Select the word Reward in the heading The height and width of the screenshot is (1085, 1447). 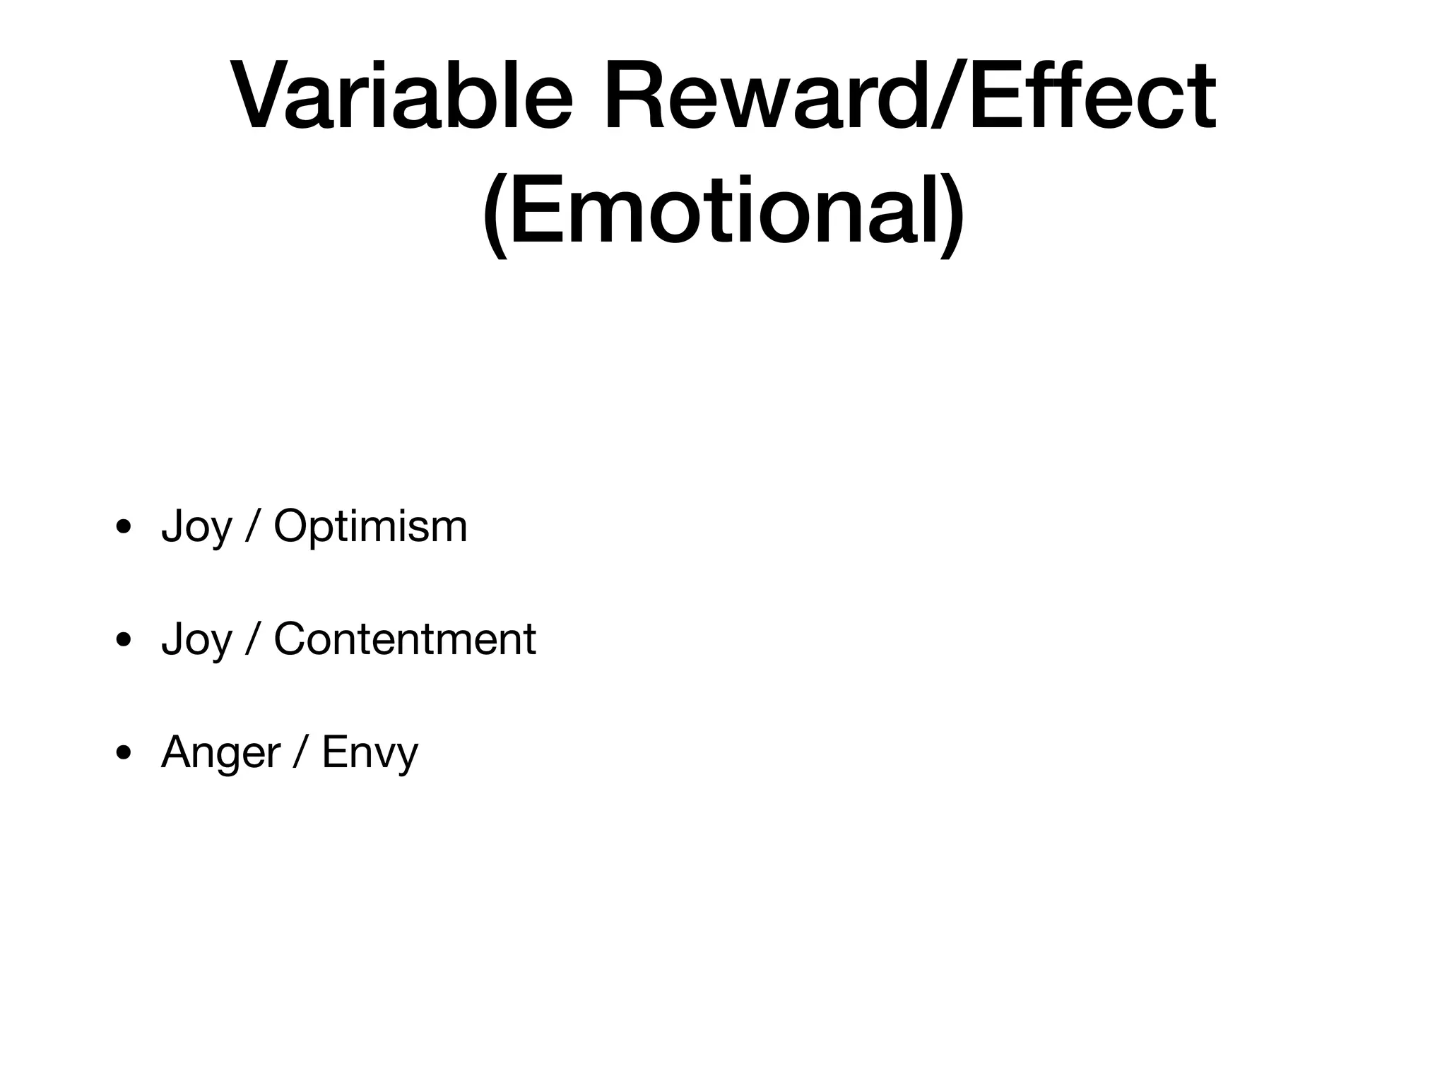(x=767, y=97)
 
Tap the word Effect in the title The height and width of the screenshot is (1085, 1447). (x=1092, y=97)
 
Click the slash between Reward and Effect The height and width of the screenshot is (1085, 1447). (x=947, y=97)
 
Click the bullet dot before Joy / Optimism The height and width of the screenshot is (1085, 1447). (x=124, y=527)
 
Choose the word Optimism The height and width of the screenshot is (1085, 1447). (x=370, y=527)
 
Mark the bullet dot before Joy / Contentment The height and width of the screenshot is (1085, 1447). (x=124, y=640)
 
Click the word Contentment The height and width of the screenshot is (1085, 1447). (x=404, y=639)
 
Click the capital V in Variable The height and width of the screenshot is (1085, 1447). (x=264, y=97)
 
